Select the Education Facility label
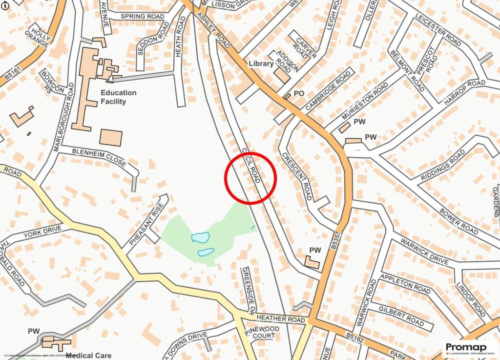pyautogui.click(x=118, y=97)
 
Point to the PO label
pyautogui.click(x=299, y=93)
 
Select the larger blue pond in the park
pyautogui.click(x=200, y=238)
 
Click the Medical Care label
pyautogui.click(x=89, y=356)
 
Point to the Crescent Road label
pyautogui.click(x=296, y=176)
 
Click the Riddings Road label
pyautogui.click(x=442, y=165)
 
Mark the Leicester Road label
pyautogui.click(x=438, y=30)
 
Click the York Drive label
pyautogui.click(x=42, y=232)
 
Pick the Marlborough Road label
pyautogui.click(x=65, y=117)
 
